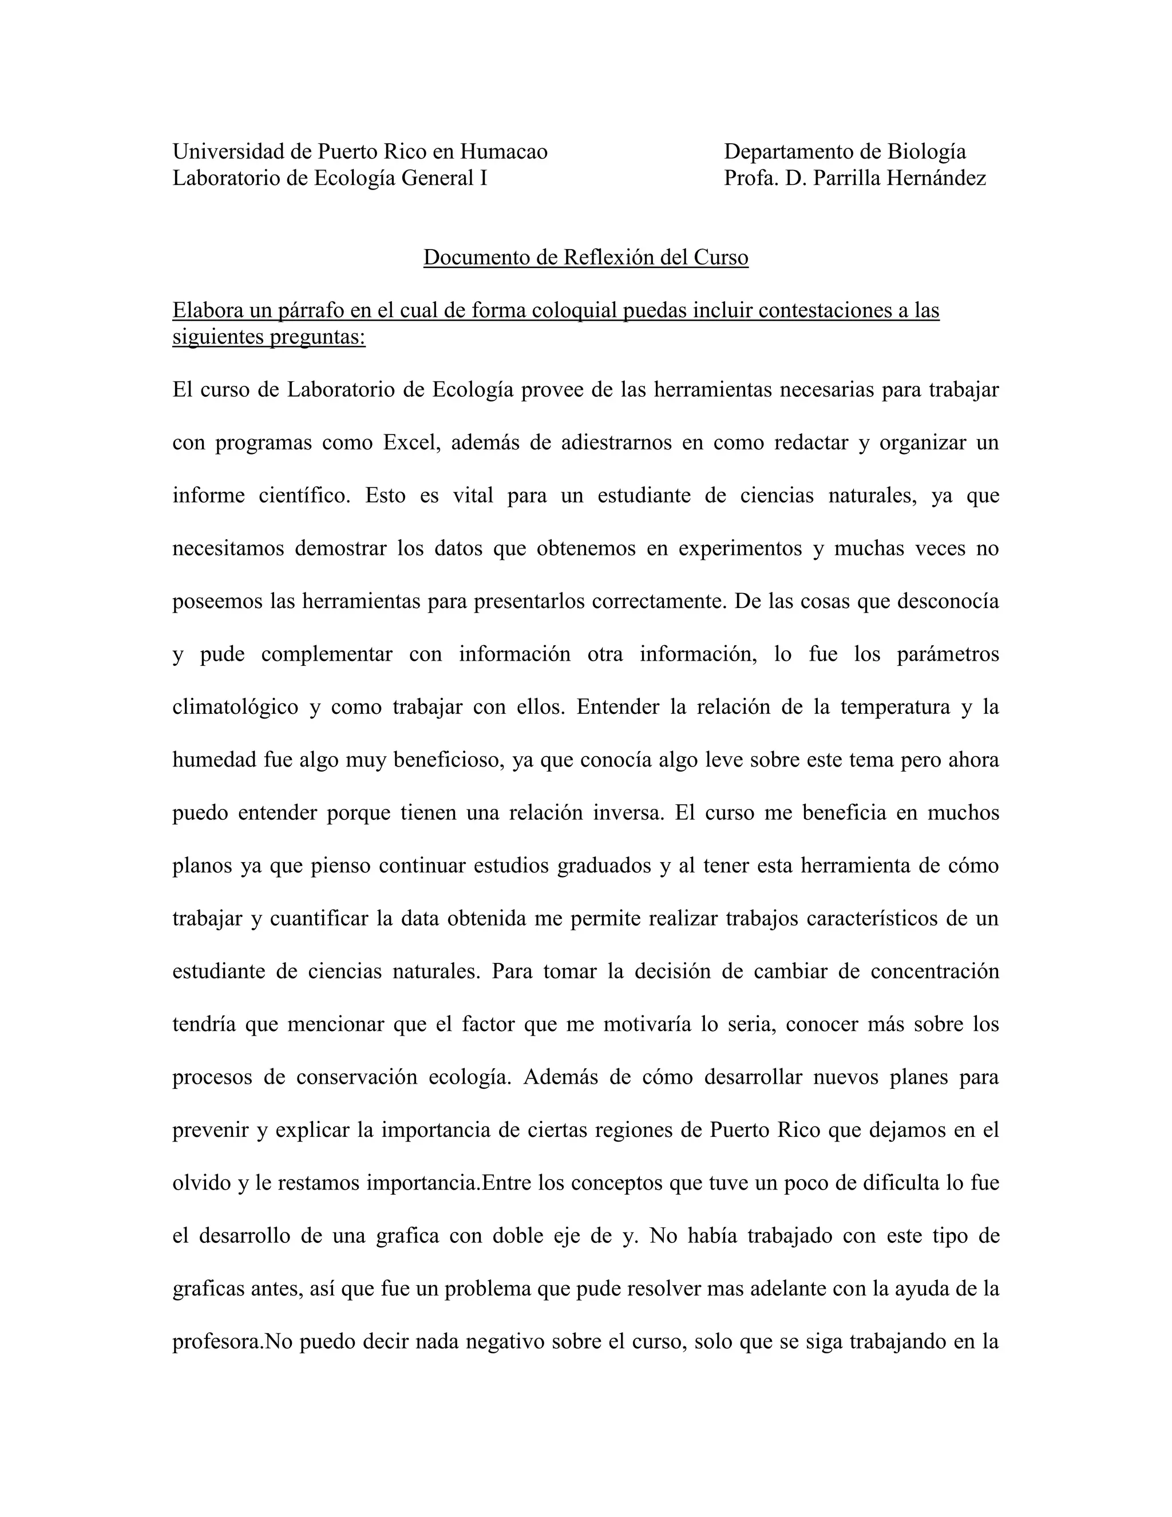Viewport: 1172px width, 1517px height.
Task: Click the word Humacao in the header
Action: (x=504, y=152)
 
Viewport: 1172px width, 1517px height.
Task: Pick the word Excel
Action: (x=411, y=443)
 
